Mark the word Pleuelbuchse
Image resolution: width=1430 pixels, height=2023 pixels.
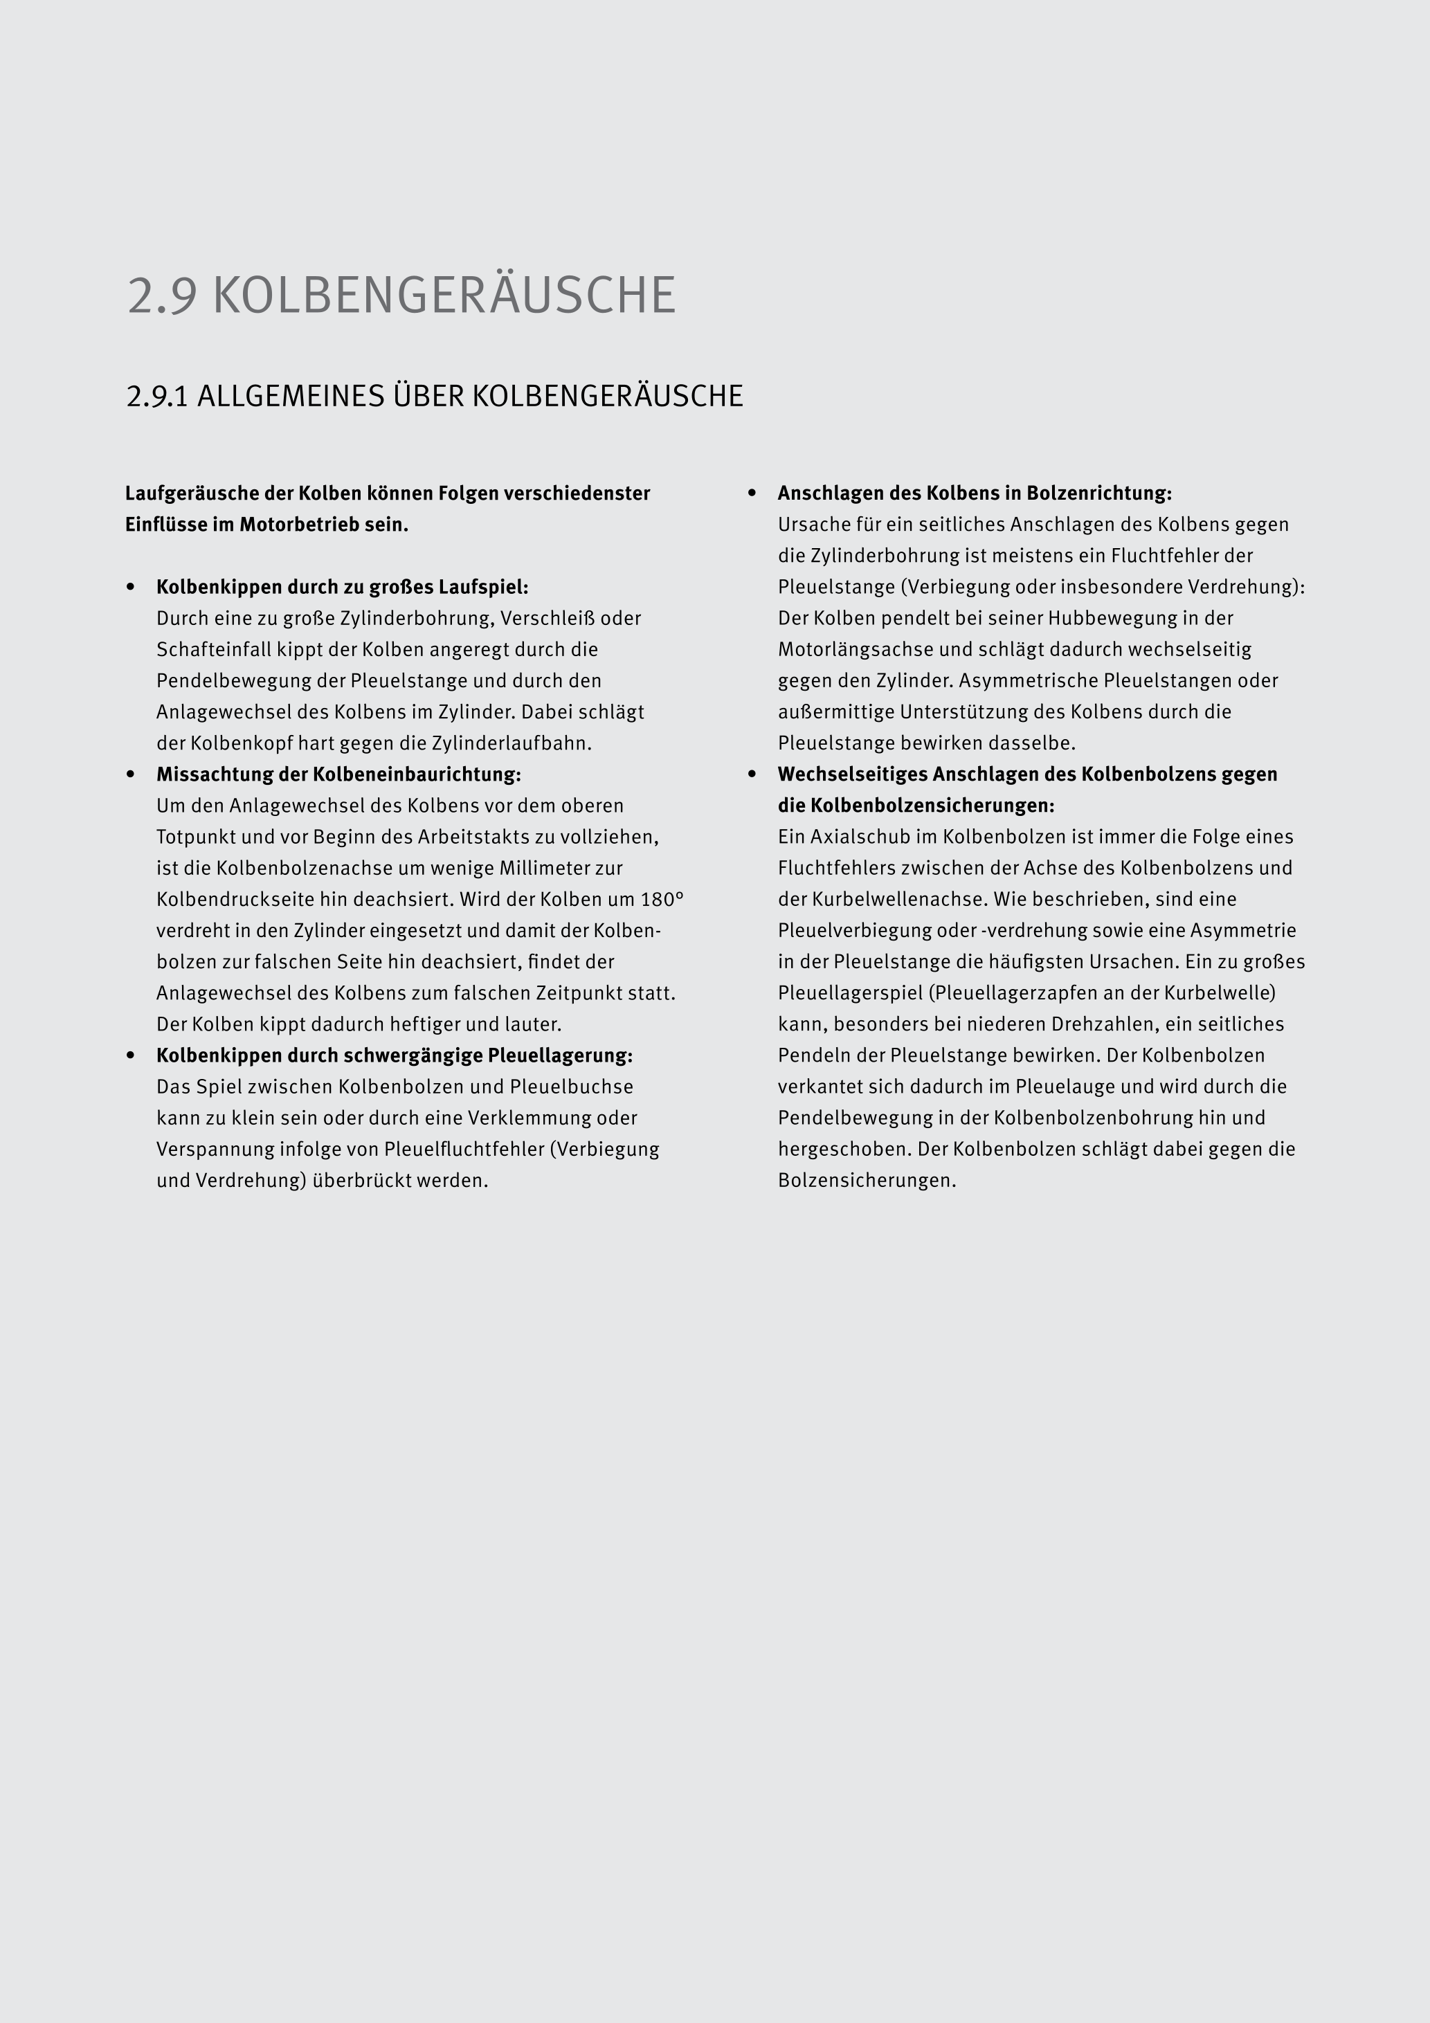pyautogui.click(x=571, y=1087)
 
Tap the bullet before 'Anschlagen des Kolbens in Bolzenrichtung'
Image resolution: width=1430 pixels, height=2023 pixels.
pyautogui.click(x=752, y=493)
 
